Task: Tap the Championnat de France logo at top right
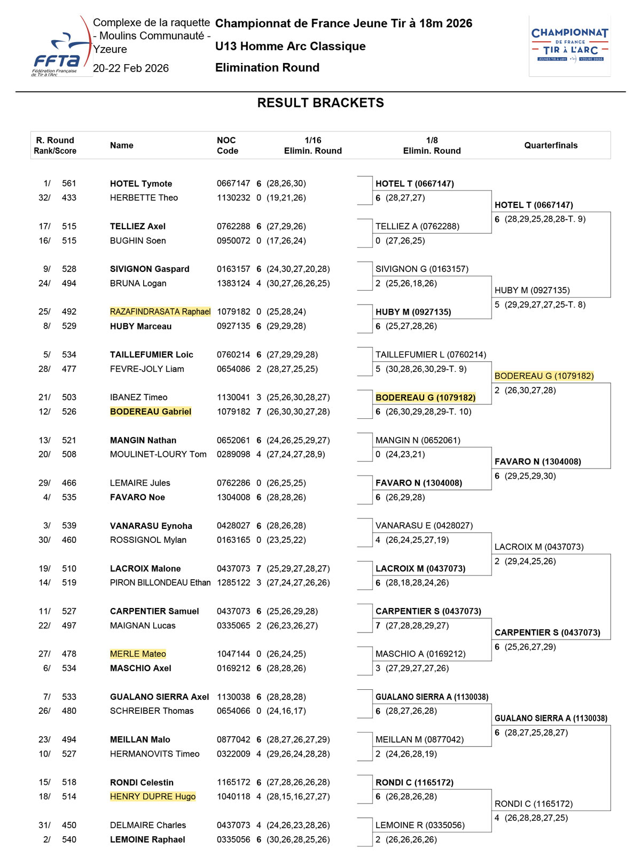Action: (x=569, y=46)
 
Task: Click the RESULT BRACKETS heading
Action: (x=320, y=103)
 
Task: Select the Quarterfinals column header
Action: (x=551, y=145)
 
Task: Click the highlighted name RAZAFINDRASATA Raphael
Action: (x=160, y=311)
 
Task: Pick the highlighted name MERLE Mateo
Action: (x=138, y=654)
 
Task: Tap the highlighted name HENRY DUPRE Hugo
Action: (x=153, y=797)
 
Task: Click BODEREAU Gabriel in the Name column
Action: (x=151, y=411)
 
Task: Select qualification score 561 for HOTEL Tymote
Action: (x=69, y=183)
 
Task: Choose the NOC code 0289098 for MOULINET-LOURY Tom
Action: (x=233, y=454)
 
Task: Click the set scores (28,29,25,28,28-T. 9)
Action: (x=545, y=219)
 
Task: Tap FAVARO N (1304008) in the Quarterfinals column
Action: (x=537, y=462)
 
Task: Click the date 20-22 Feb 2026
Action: (x=131, y=68)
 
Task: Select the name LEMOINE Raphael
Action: (x=147, y=839)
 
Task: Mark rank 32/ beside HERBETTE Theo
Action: (x=44, y=198)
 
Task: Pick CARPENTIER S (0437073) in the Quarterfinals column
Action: (x=547, y=633)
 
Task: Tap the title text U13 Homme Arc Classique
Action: (x=290, y=46)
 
